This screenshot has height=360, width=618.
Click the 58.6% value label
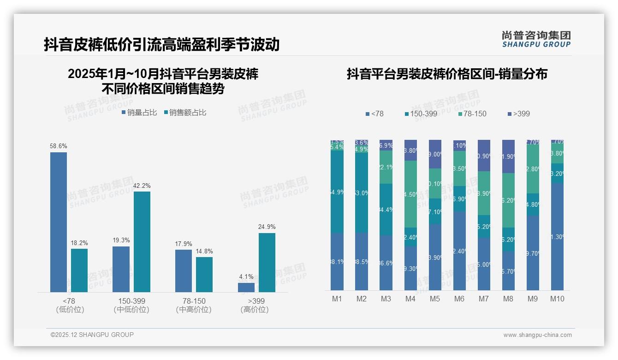pos(59,146)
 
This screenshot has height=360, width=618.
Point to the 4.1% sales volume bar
pos(246,287)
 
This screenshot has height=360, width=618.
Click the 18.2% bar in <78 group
pos(79,270)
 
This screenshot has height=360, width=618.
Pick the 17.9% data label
pos(184,244)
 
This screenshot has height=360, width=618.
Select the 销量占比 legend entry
pos(139,113)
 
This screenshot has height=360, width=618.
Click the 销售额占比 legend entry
pos(185,113)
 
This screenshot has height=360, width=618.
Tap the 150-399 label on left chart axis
pos(131,301)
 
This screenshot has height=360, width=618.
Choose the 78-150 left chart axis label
pos(194,301)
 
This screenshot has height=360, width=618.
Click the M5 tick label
pos(435,299)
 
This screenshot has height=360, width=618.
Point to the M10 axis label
pos(557,299)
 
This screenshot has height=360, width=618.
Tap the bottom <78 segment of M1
pos(337,261)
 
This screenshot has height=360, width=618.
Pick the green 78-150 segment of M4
pos(410,194)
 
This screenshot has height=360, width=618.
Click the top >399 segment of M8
pos(508,156)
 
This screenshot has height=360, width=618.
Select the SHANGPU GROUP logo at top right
pos(536,39)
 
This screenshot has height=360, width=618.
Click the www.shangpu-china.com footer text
pos(537,335)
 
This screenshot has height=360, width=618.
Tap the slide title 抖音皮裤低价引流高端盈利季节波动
pos(161,44)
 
